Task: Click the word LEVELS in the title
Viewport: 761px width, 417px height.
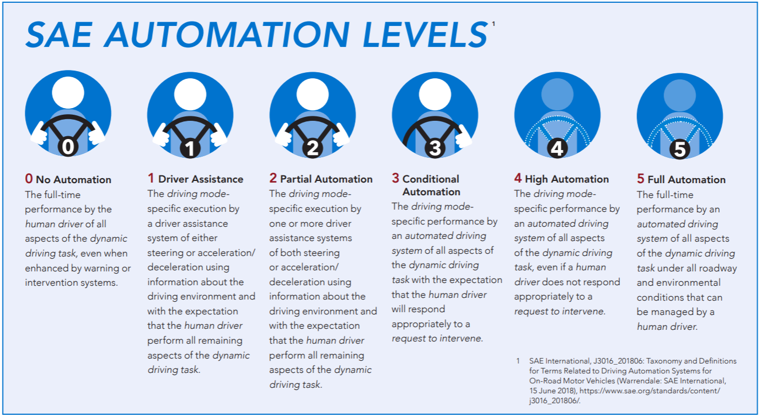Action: pos(425,34)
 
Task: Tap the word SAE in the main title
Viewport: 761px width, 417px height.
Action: pos(59,34)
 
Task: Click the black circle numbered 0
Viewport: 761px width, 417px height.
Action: pos(68,147)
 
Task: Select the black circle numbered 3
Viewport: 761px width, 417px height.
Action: pos(435,148)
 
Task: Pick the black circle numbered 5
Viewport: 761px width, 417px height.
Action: pos(680,149)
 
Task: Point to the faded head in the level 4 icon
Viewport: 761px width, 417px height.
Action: pos(557,94)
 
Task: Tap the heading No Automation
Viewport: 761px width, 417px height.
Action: pos(73,179)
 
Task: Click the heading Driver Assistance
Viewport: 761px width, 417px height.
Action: pos(200,179)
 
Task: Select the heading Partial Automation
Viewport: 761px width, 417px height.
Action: pos(326,179)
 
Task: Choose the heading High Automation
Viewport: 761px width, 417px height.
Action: pos(567,179)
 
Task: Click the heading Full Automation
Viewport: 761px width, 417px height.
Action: pos(686,179)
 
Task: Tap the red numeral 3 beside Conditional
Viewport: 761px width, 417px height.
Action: pos(395,178)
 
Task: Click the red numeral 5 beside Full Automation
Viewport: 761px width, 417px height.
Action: pos(640,178)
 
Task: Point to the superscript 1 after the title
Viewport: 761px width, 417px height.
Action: pos(494,24)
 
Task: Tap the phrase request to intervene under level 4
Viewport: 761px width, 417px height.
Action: pos(560,311)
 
